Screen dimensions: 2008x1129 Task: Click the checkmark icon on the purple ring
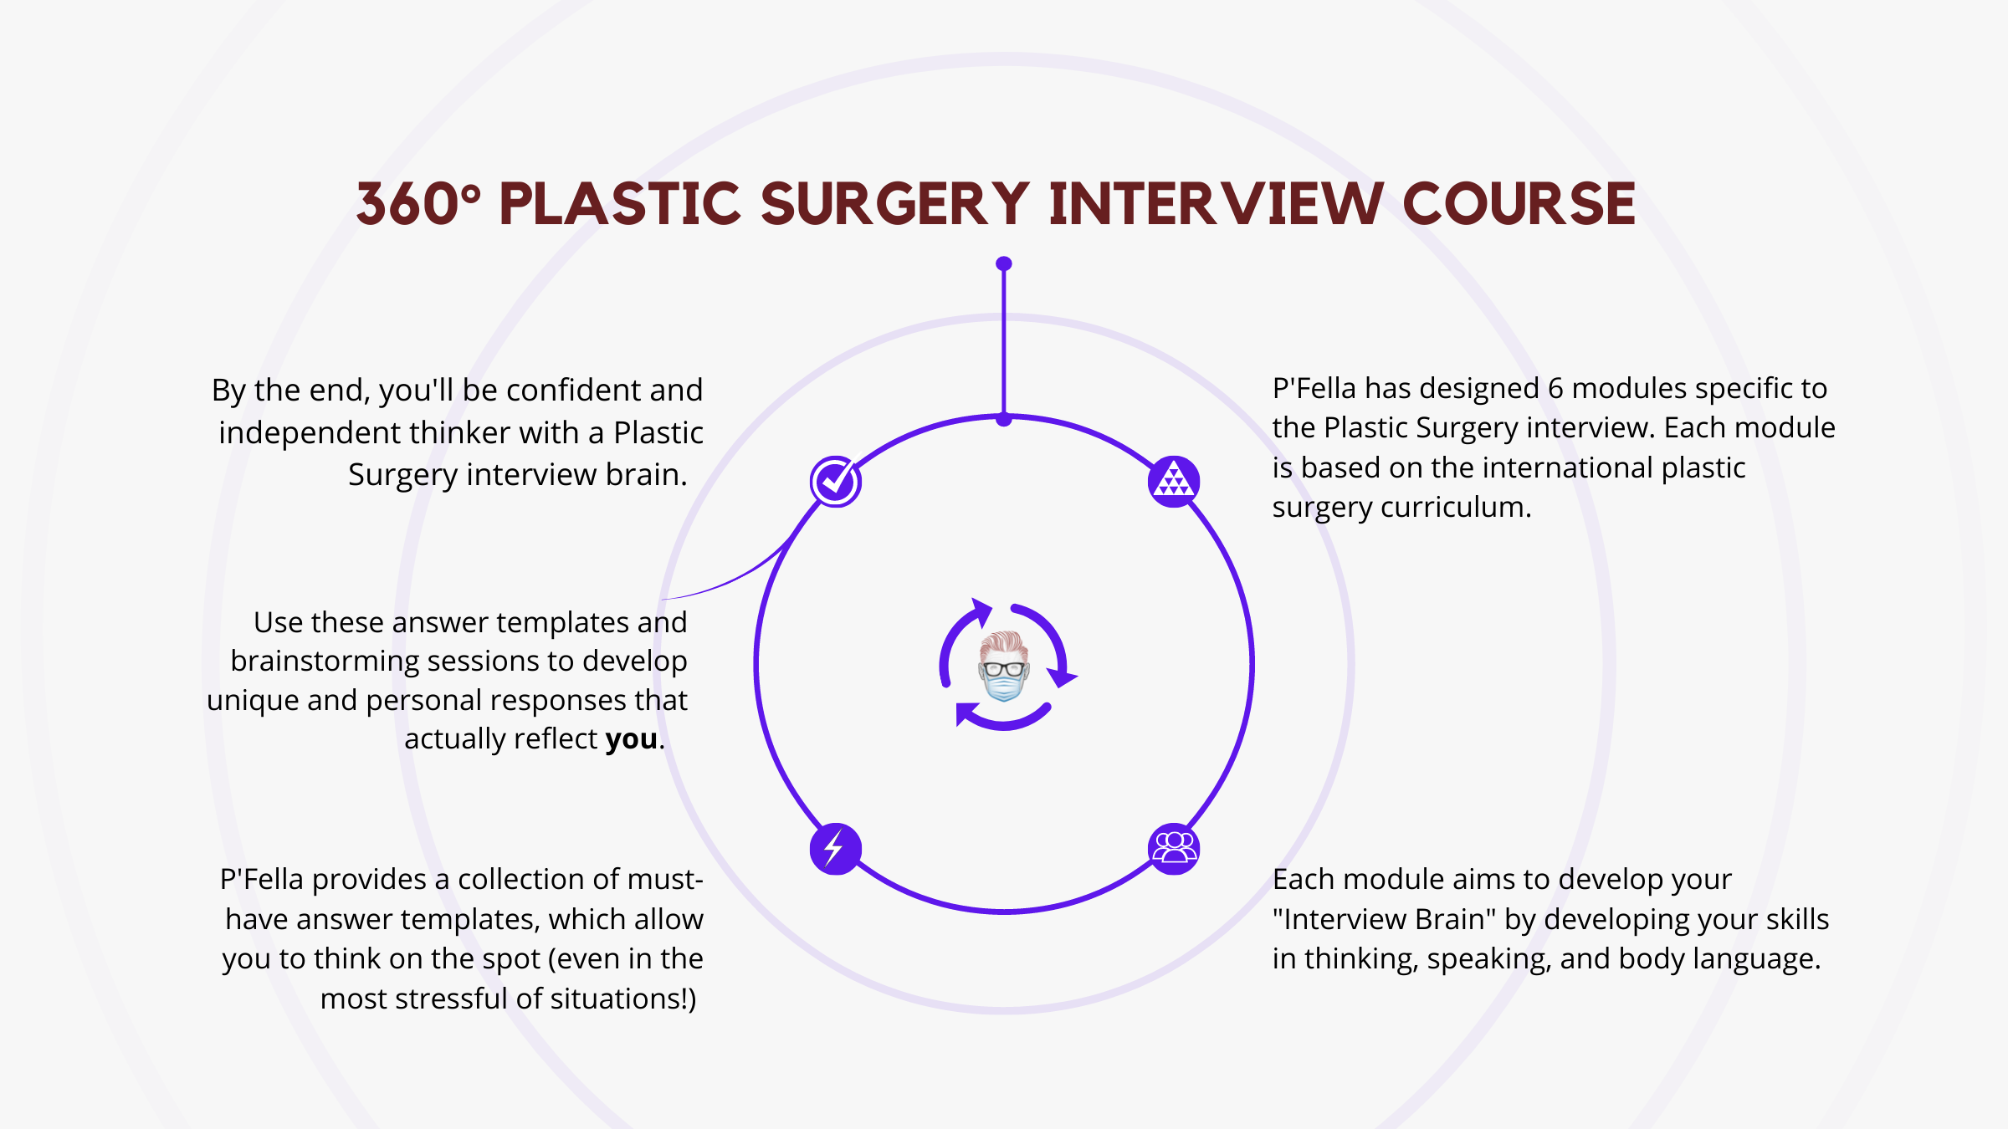(835, 482)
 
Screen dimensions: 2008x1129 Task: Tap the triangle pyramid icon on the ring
(1174, 482)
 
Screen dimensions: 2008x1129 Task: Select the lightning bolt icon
(835, 849)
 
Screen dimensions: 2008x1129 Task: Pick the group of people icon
(1174, 849)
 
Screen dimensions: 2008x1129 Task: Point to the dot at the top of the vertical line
(1004, 263)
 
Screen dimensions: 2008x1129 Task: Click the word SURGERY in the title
(895, 204)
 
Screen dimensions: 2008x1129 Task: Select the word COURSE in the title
(1519, 204)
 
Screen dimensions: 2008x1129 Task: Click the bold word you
(632, 739)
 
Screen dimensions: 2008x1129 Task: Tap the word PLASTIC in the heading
(620, 204)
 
